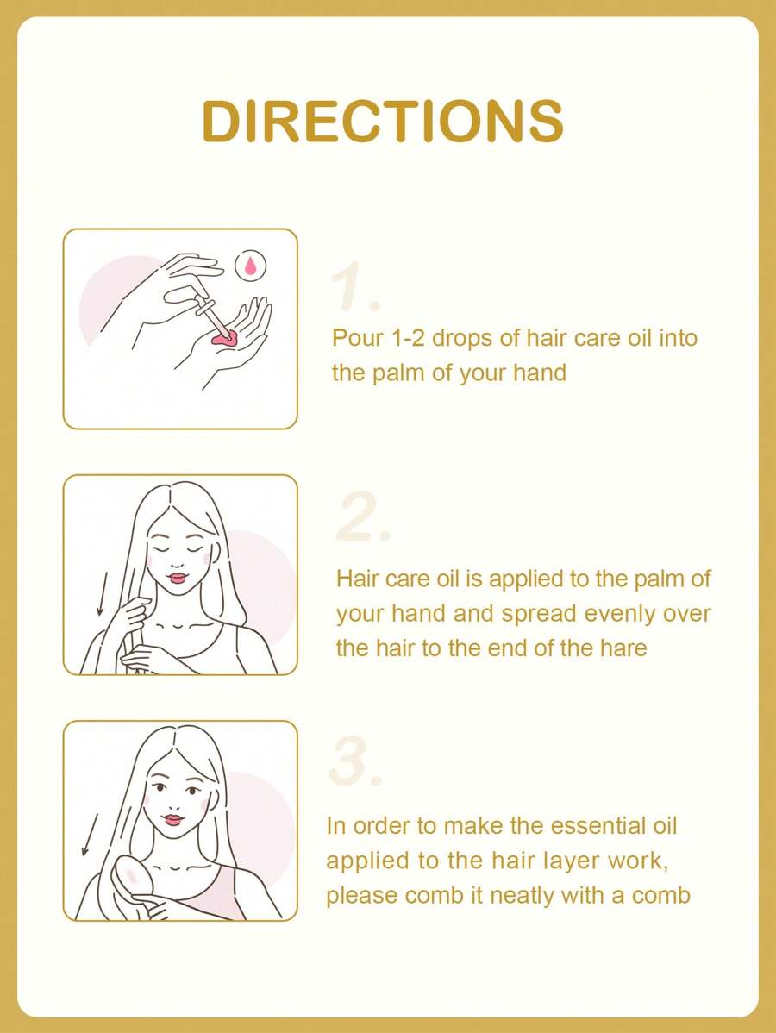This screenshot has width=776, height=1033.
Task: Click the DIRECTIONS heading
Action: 383,121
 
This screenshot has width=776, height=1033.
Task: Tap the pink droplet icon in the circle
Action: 250,266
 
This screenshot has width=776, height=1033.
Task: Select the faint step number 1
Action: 354,285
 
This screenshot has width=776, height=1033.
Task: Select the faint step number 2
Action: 363,516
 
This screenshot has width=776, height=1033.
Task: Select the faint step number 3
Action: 355,761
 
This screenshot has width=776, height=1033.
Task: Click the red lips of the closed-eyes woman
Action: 178,578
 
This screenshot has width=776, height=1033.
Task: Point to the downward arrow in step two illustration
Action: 102,593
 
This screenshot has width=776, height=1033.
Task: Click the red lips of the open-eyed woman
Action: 173,819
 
